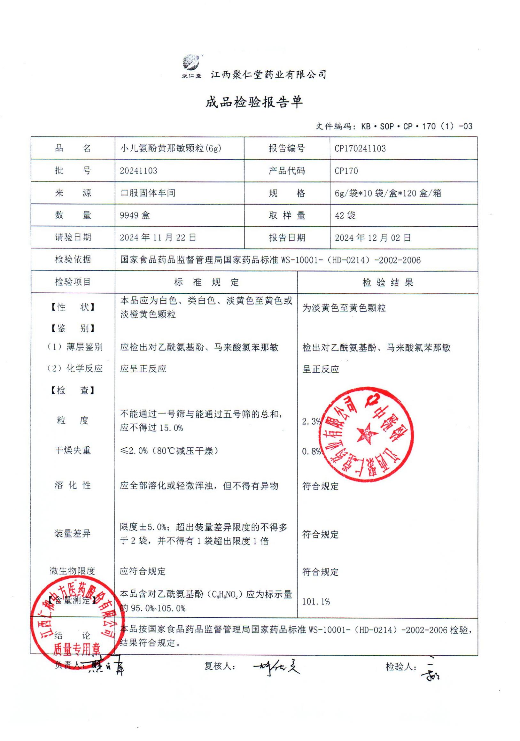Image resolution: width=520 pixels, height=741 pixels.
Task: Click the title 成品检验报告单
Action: (254, 102)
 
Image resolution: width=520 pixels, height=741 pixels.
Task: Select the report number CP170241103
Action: (360, 149)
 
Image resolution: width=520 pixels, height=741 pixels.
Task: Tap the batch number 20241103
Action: (138, 170)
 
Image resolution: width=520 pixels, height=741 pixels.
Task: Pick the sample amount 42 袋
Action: (345, 215)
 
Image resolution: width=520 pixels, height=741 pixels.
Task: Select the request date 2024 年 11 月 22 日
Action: (158, 237)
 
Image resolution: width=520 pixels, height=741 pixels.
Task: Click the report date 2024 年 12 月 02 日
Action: (372, 238)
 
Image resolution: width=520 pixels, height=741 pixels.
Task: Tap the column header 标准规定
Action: (206, 282)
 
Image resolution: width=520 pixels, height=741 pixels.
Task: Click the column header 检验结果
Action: (388, 283)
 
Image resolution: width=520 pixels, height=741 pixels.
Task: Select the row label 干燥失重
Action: (73, 451)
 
